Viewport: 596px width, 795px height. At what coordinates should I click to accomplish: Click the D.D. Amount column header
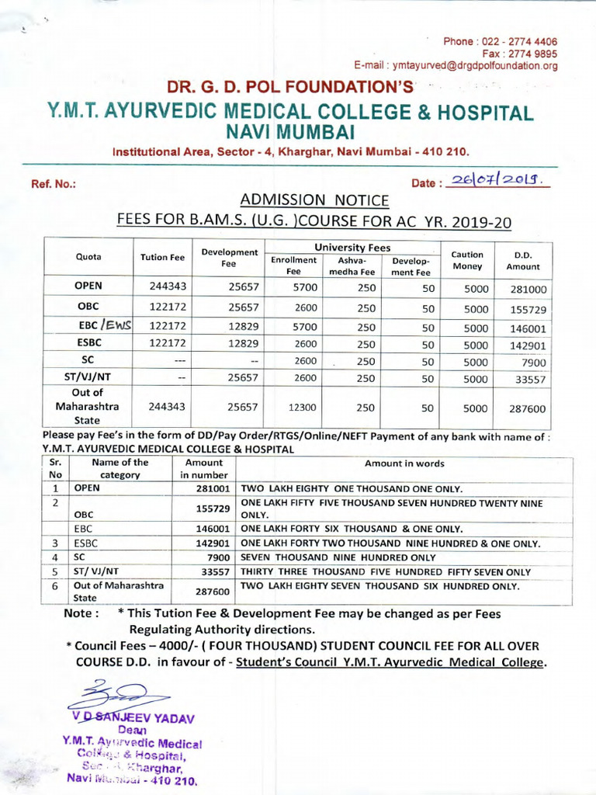(522, 260)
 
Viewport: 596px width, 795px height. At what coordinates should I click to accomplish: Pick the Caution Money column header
(467, 260)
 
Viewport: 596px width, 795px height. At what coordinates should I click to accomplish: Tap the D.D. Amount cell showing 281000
(528, 290)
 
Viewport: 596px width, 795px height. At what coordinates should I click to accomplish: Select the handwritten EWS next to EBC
(114, 325)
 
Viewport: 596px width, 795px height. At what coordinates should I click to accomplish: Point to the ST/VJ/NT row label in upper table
(88, 378)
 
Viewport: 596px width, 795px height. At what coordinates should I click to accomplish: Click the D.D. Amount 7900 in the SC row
(534, 362)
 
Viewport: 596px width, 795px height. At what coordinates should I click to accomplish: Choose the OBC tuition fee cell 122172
(167, 307)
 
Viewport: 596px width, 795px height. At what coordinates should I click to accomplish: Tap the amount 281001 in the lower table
(212, 489)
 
